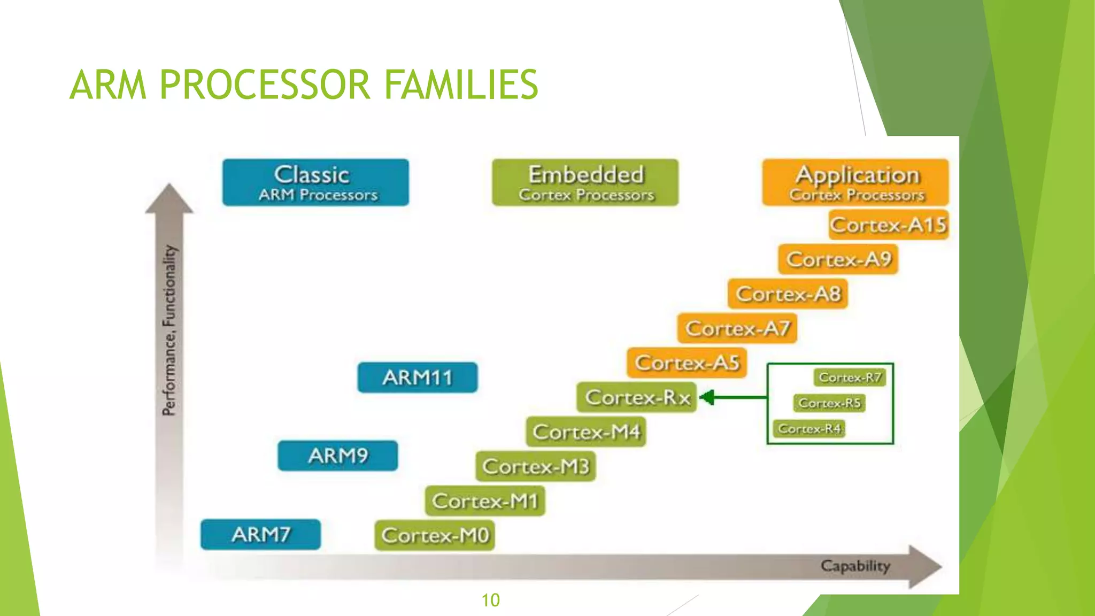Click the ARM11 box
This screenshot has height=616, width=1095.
(418, 378)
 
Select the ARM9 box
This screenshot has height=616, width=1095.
(338, 456)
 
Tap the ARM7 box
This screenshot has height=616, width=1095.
(261, 534)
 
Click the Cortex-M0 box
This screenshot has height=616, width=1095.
(435, 535)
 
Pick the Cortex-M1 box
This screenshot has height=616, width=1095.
(485, 501)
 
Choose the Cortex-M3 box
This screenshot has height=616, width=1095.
(536, 466)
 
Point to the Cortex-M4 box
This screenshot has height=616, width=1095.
(586, 432)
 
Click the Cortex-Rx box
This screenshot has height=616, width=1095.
(637, 397)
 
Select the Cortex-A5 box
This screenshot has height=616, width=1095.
(687, 363)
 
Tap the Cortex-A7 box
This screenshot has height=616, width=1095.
(737, 328)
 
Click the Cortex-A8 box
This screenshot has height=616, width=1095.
(788, 294)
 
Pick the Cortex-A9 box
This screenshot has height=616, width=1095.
(838, 259)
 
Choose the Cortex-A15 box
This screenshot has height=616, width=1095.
(889, 225)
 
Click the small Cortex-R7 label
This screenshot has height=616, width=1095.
(850, 378)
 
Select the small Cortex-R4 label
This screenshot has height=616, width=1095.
(809, 429)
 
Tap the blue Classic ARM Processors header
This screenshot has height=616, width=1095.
(315, 182)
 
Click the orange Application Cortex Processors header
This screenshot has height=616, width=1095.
(855, 182)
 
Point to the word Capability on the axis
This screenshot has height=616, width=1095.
(855, 566)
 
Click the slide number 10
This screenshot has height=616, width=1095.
(490, 600)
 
